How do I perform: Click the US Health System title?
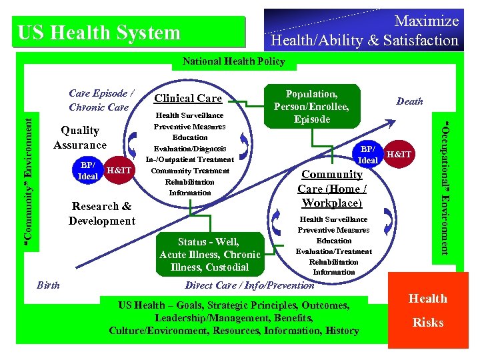(99, 33)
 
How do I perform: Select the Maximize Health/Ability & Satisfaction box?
(363, 31)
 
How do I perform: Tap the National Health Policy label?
(233, 61)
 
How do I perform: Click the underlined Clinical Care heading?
(188, 99)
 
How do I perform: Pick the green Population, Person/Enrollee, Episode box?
(311, 106)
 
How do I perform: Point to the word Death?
(409, 101)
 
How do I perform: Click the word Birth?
(47, 285)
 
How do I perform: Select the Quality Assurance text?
(80, 138)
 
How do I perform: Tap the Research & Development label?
(101, 213)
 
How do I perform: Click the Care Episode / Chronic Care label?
(99, 100)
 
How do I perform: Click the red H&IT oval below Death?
(399, 155)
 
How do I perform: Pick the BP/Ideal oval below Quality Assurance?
(88, 171)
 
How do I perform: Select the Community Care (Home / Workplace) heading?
(331, 188)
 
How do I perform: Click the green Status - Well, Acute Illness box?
(209, 254)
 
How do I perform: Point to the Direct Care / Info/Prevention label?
(249, 285)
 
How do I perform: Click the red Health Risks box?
(427, 310)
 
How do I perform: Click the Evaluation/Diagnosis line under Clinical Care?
(190, 149)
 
